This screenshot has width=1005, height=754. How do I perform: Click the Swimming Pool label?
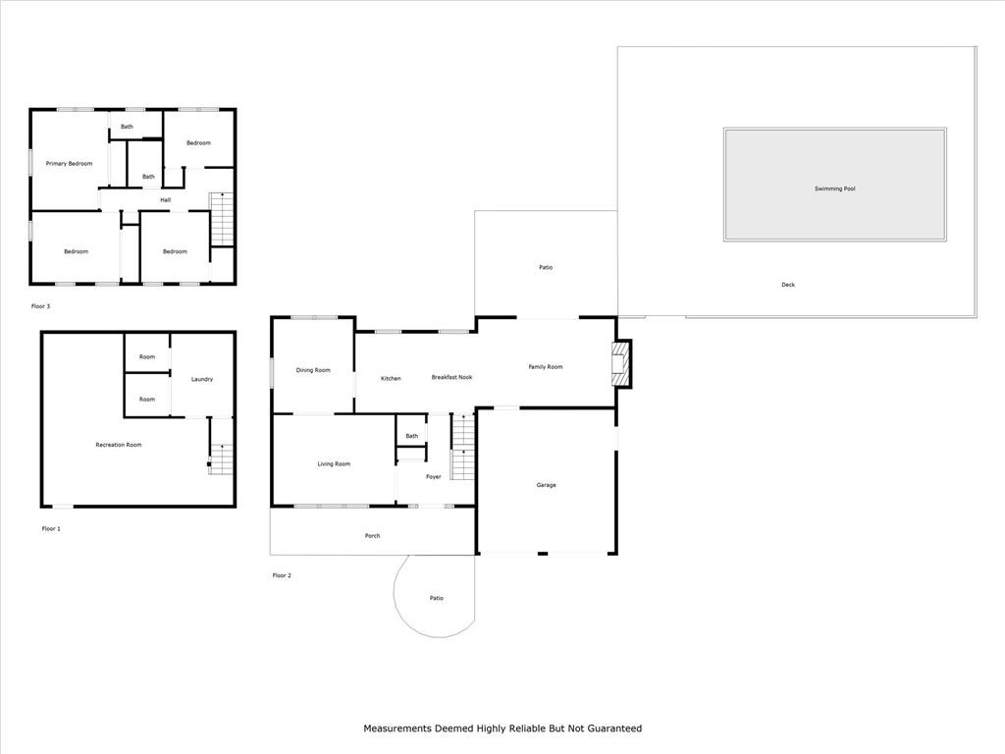pyautogui.click(x=834, y=188)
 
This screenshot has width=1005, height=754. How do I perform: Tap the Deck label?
pyautogui.click(x=788, y=285)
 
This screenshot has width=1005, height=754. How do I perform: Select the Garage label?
pyautogui.click(x=546, y=485)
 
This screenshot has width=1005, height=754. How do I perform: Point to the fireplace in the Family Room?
pyautogui.click(x=620, y=363)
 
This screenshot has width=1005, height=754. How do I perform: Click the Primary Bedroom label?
pyautogui.click(x=69, y=164)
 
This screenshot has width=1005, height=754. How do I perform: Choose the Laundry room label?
pyautogui.click(x=202, y=380)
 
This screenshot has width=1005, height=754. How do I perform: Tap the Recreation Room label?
pyautogui.click(x=119, y=445)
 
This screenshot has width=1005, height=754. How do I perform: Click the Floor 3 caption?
pyautogui.click(x=40, y=306)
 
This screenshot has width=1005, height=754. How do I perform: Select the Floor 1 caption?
pyautogui.click(x=51, y=529)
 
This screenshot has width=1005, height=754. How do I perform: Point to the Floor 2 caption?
pyautogui.click(x=282, y=575)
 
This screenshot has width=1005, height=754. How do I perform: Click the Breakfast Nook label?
pyautogui.click(x=451, y=377)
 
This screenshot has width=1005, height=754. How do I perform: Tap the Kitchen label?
pyautogui.click(x=391, y=378)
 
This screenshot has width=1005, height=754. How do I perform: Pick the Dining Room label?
pyautogui.click(x=313, y=370)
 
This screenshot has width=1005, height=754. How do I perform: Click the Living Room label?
pyautogui.click(x=334, y=464)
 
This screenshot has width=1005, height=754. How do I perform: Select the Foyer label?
pyautogui.click(x=433, y=477)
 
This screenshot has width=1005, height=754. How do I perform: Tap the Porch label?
pyautogui.click(x=372, y=536)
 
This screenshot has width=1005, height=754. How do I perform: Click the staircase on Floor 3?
pyautogui.click(x=222, y=219)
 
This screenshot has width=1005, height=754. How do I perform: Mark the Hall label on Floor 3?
pyautogui.click(x=165, y=200)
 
